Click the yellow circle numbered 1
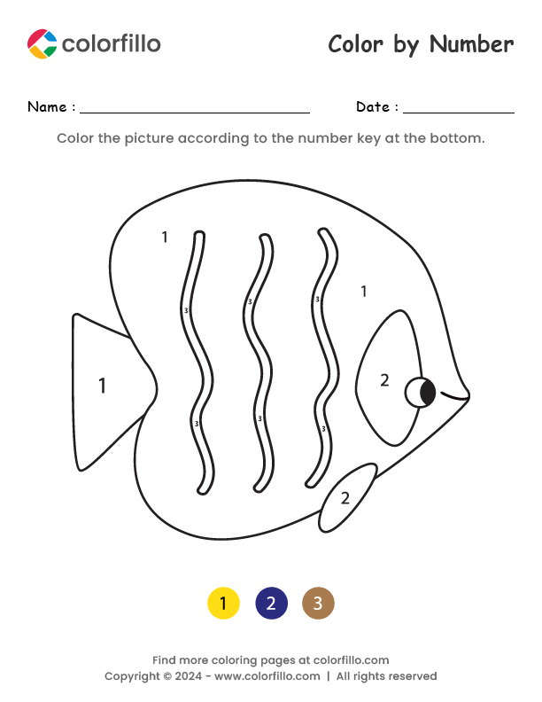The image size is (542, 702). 223,604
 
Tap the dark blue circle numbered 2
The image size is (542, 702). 271,604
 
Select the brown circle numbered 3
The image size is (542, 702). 318,604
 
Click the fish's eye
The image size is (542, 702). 421,392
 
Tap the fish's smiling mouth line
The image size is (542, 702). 455,397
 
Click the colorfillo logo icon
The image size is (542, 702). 42,43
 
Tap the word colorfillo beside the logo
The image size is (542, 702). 112,43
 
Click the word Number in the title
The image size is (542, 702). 471,44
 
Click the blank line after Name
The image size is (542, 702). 195,112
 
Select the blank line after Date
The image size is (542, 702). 458,112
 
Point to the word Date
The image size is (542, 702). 374,107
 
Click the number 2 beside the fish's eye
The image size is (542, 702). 384,380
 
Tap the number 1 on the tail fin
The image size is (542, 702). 102,386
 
